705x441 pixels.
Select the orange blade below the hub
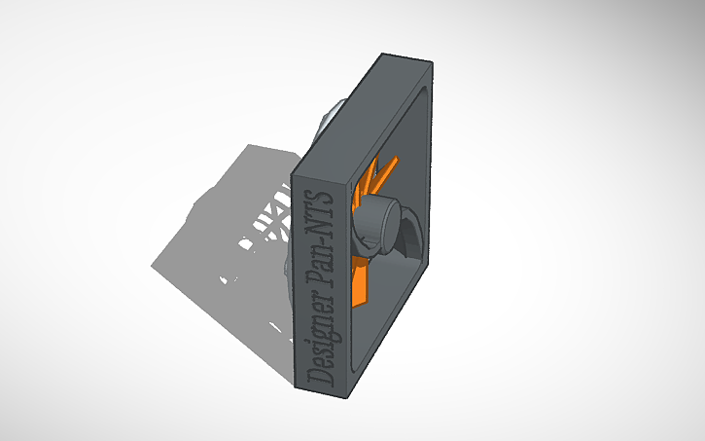[x=363, y=281]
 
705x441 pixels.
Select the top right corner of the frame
[x=428, y=64]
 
